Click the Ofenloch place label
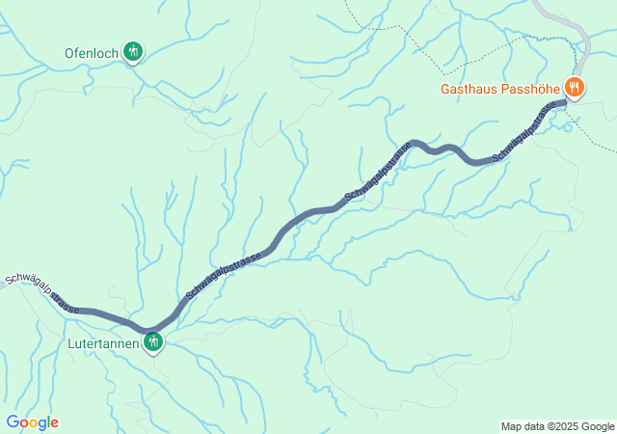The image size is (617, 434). (92, 52)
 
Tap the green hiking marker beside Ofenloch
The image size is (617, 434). (133, 51)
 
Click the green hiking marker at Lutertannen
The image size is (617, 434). (152, 340)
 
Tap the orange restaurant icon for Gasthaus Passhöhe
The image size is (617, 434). (575, 88)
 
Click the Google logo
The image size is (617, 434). (32, 422)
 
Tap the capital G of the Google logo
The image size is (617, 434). (12, 422)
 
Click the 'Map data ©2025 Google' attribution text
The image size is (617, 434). (556, 426)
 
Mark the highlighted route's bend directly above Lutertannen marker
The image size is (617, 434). (150, 329)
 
